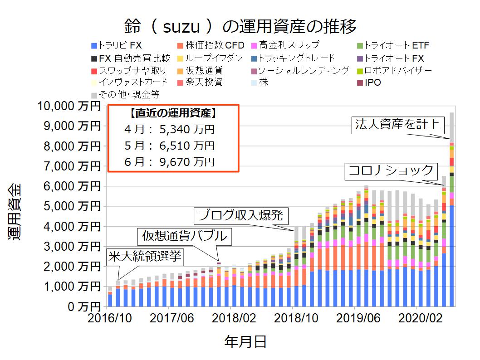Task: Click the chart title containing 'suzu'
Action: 240,26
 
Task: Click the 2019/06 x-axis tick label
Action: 356,317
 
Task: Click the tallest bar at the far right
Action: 452,209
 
